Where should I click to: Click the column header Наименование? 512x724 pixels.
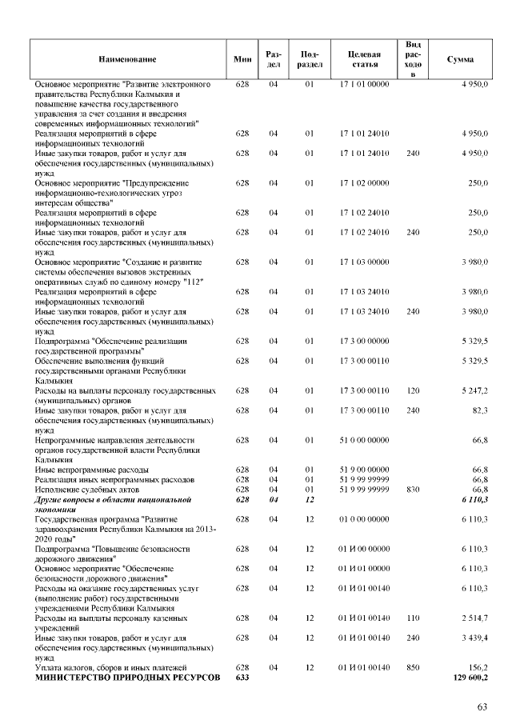pyautogui.click(x=128, y=60)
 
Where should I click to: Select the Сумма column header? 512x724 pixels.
pyautogui.click(x=460, y=60)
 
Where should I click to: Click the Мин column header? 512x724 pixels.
pyautogui.click(x=243, y=60)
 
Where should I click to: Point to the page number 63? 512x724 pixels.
pyautogui.click(x=482, y=706)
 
